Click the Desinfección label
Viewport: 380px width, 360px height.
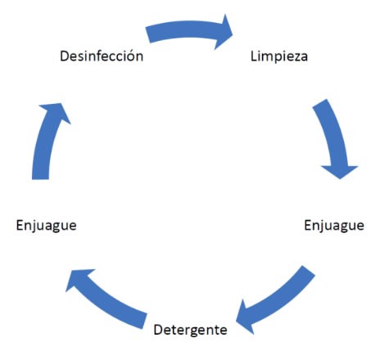tap(102, 56)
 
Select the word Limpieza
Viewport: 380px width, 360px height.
tap(279, 56)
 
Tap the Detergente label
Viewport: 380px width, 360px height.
tap(190, 330)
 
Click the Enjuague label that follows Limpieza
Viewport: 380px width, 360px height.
tap(334, 226)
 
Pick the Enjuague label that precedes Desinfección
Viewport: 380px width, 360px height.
tap(46, 226)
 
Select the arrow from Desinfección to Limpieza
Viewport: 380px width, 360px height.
tap(188, 30)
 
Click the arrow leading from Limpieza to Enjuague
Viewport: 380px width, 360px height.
tap(333, 137)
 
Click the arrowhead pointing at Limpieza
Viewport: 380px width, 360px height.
tap(224, 32)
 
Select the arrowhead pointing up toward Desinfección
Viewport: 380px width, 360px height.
tap(57, 112)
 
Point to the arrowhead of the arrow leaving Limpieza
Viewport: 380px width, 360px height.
tap(340, 171)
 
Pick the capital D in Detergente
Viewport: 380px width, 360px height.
tap(159, 330)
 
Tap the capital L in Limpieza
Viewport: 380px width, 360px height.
tap(254, 56)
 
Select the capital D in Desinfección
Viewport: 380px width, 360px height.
tap(65, 56)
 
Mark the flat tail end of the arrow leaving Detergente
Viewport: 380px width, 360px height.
tap(145, 322)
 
